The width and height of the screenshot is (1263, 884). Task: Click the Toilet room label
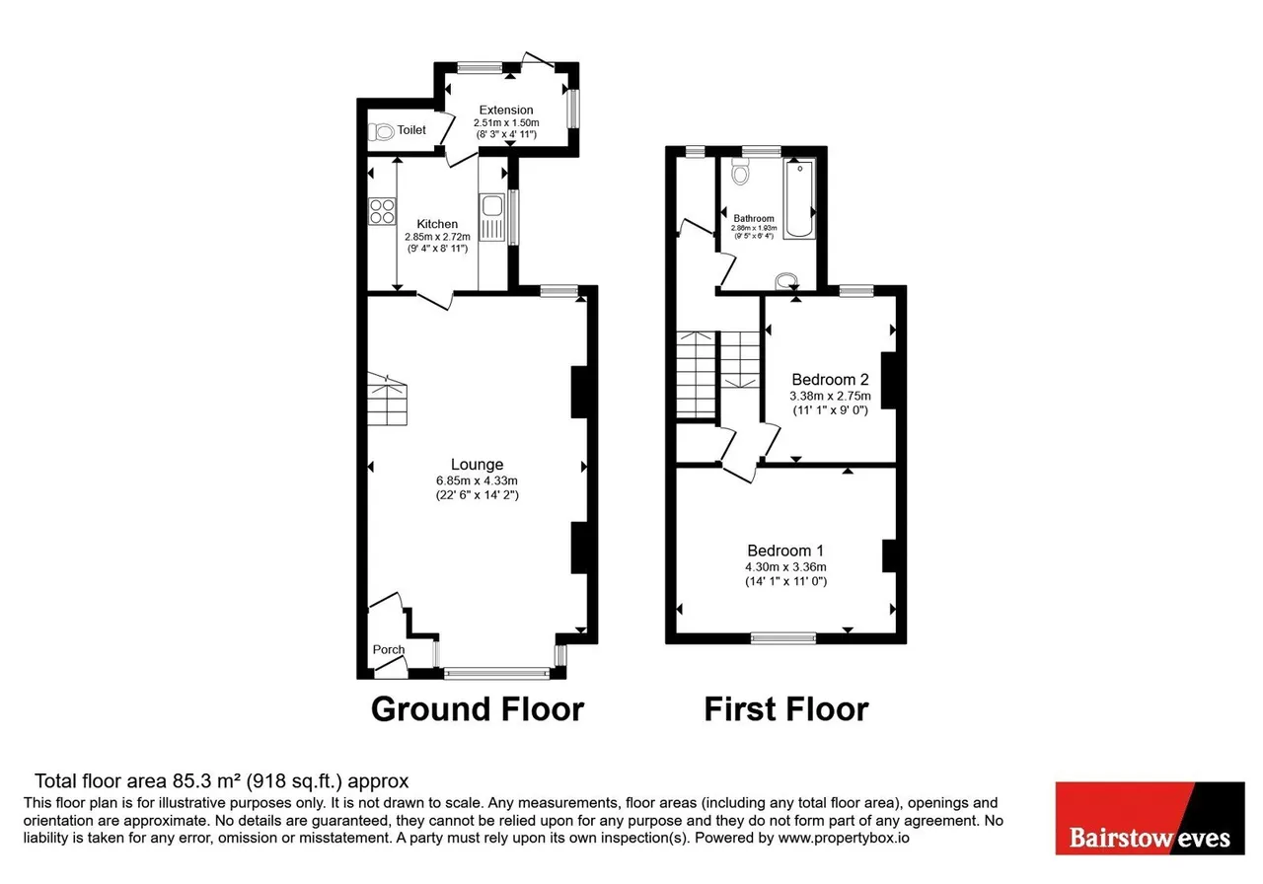411,130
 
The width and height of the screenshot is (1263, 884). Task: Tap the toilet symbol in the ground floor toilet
381,132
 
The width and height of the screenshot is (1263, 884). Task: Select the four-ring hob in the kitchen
382,211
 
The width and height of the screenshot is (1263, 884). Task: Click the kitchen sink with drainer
492,217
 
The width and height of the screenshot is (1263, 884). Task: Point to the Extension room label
506,110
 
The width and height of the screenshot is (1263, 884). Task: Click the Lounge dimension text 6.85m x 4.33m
477,480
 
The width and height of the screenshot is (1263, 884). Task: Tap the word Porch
389,649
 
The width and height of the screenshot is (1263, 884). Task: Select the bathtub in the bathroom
799,199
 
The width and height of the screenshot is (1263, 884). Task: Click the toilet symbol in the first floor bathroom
740,172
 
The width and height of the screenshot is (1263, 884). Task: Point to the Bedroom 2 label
830,380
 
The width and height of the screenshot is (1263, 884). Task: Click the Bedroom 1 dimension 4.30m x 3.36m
786,567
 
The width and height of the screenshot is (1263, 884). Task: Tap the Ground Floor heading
478,709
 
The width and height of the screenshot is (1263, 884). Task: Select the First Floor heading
786,709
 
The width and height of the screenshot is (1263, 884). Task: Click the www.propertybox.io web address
844,838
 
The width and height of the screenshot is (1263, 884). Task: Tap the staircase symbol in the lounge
388,400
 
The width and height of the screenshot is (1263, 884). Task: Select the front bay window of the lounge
496,673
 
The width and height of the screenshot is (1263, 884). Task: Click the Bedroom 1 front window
783,638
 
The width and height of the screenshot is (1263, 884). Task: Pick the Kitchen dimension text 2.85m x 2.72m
437,237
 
